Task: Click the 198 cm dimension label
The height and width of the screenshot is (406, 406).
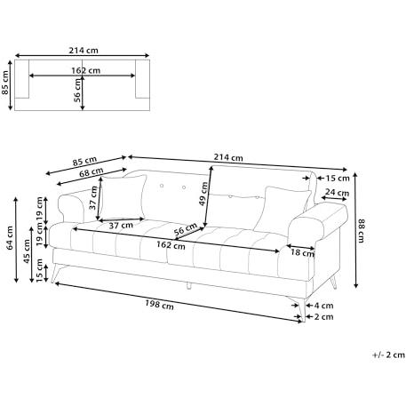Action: tap(159, 305)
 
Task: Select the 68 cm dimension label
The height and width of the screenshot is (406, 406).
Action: tap(92, 171)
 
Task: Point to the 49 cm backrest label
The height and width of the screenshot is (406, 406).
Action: tap(203, 194)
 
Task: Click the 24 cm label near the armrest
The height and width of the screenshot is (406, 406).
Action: tap(337, 193)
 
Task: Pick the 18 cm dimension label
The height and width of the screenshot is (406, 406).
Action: tap(302, 252)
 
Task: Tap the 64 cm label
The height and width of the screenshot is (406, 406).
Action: tap(10, 238)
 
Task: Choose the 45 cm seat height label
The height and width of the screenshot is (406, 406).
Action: tap(27, 251)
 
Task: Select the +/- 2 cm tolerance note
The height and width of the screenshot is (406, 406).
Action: tap(388, 354)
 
